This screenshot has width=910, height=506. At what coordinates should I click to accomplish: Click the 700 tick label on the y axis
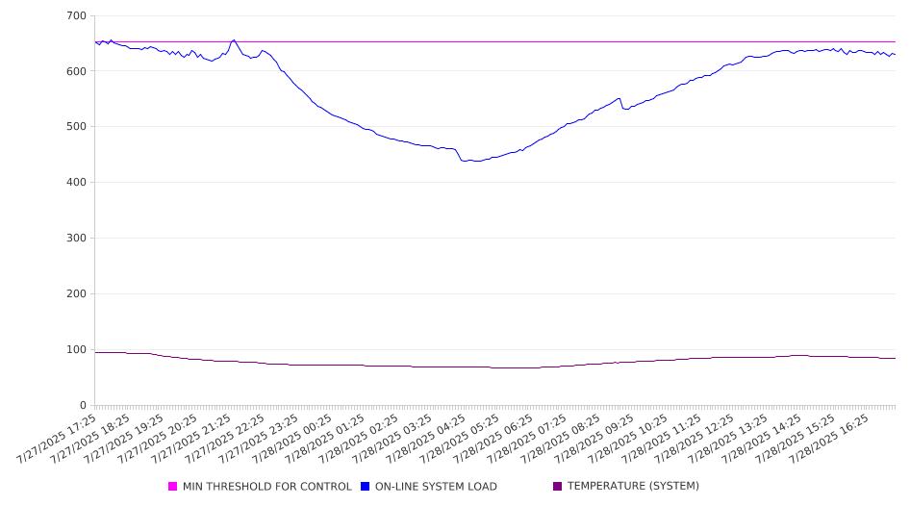coord(77,15)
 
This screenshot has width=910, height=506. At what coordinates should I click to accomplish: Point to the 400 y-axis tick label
coord(77,182)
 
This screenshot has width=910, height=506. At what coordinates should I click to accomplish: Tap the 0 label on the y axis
coord(83,405)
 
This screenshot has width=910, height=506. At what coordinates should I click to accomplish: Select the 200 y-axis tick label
coord(77,293)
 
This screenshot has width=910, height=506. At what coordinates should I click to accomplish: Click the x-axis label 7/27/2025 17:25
coord(57,439)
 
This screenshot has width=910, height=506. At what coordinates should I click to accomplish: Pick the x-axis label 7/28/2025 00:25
coord(292,439)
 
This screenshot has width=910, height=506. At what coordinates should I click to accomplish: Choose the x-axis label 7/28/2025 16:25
coord(829,439)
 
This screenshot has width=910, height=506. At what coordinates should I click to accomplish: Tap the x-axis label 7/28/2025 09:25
coord(594,439)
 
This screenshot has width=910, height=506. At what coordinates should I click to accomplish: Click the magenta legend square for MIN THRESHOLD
coord(172,486)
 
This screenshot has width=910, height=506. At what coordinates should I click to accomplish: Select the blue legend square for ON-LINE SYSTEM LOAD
coord(365,486)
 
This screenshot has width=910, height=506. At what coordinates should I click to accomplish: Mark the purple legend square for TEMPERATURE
coord(558,486)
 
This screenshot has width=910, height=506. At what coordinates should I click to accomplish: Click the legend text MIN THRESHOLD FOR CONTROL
coord(267,486)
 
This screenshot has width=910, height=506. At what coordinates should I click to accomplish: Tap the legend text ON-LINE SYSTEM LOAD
coord(436,486)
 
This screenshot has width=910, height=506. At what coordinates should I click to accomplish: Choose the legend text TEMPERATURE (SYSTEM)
coord(633,486)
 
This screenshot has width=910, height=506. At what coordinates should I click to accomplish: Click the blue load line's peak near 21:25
coord(234,40)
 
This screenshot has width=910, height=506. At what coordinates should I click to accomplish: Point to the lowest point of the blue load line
coord(477,162)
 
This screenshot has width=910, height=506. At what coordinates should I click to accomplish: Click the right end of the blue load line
coord(895,55)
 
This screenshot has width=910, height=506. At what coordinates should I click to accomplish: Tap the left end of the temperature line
coord(95,352)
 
